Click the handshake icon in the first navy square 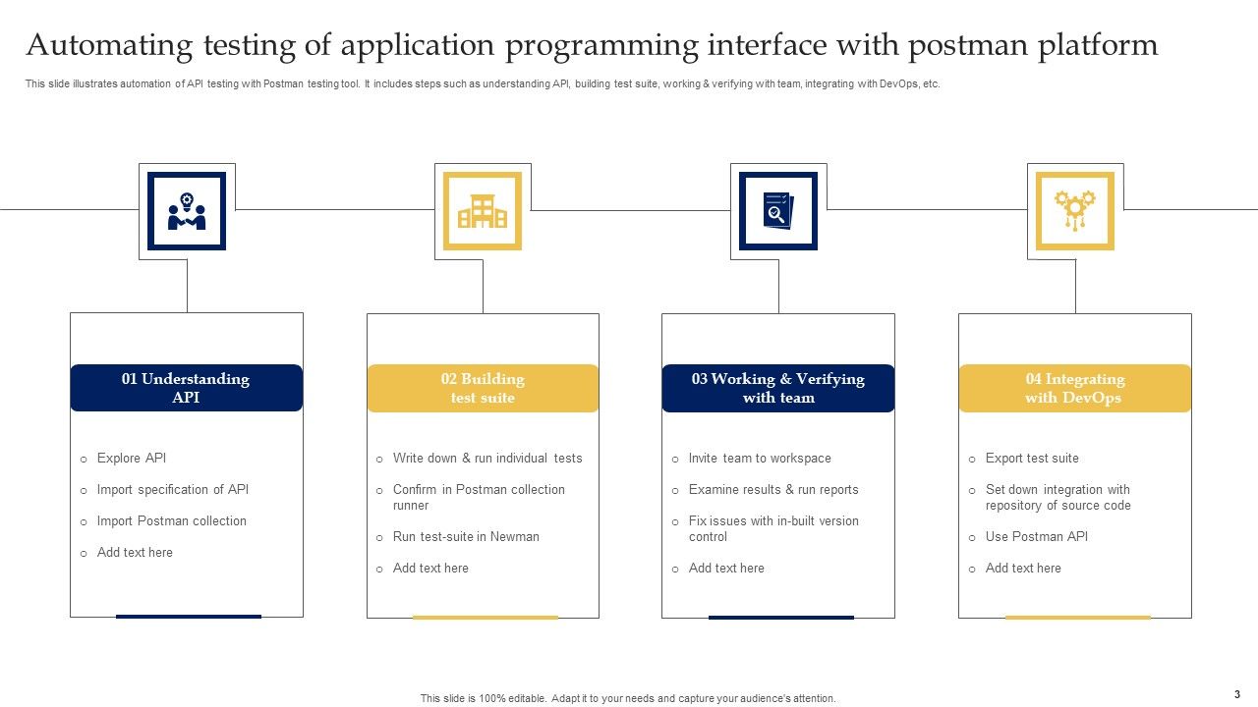pyautogui.click(x=187, y=211)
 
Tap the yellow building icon pyautogui.click(x=483, y=211)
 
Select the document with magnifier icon pyautogui.click(x=778, y=211)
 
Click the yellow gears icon pyautogui.click(x=1075, y=211)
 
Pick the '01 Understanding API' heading pyautogui.click(x=186, y=388)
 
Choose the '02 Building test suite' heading pyautogui.click(x=483, y=388)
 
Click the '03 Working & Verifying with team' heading pyautogui.click(x=778, y=388)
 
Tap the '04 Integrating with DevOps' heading pyautogui.click(x=1074, y=388)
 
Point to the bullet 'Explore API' pyautogui.click(x=132, y=459)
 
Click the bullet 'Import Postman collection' pyautogui.click(x=171, y=521)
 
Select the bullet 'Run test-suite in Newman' pyautogui.click(x=466, y=537)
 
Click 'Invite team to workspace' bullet pyautogui.click(x=760, y=459)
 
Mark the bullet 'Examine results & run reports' pyautogui.click(x=773, y=490)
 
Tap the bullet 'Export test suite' pyautogui.click(x=1032, y=459)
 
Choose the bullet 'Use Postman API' pyautogui.click(x=1037, y=537)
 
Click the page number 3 pyautogui.click(x=1236, y=693)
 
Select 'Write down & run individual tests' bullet pyautogui.click(x=487, y=459)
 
